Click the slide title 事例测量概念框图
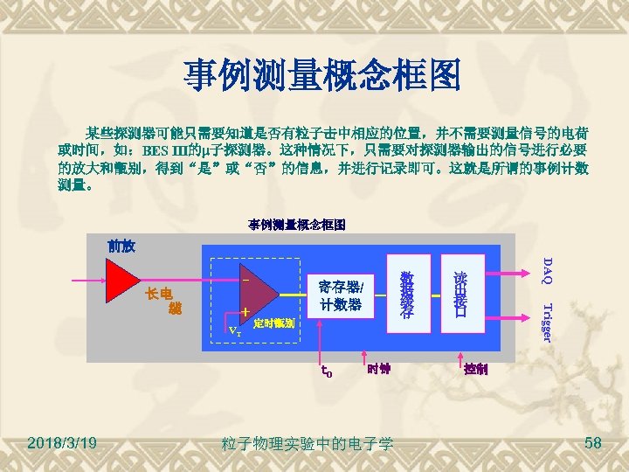point(322,77)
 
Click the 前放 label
point(121,246)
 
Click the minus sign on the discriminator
point(246,281)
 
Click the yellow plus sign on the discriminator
point(246,312)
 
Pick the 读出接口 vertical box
point(460,295)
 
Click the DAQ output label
point(546,271)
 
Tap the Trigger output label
point(546,322)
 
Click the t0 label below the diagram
point(324,371)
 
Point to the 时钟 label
point(378,368)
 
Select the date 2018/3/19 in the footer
point(62,445)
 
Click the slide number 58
point(593,445)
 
